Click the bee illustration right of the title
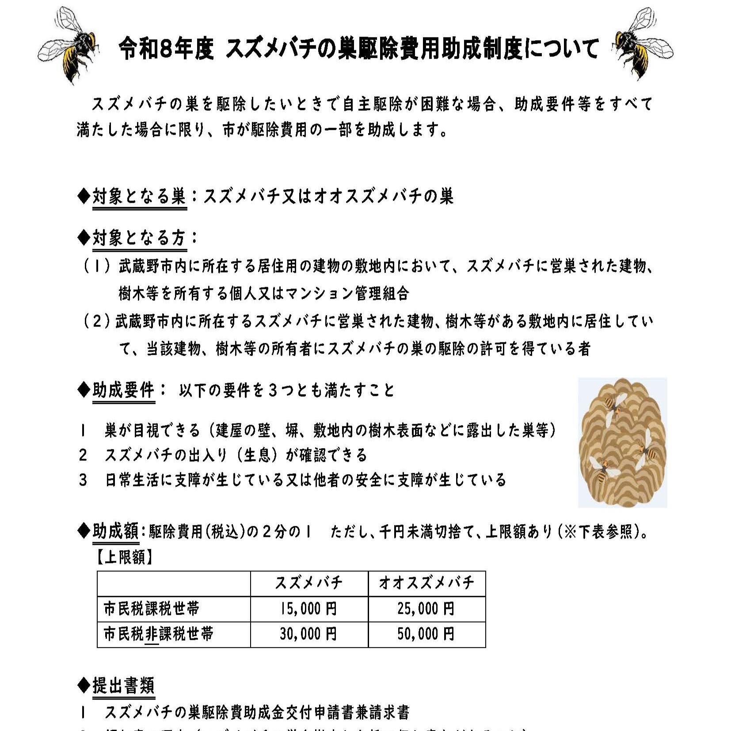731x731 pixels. click(x=643, y=44)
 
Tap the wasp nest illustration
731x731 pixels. click(x=622, y=442)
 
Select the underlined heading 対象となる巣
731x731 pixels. click(x=139, y=196)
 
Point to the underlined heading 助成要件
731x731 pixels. click(x=123, y=390)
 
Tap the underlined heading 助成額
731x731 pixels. click(x=115, y=531)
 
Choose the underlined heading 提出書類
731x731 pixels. click(x=123, y=685)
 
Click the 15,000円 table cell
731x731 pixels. click(x=309, y=609)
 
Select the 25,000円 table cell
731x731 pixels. click(x=426, y=609)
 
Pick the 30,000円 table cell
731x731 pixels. click(x=309, y=634)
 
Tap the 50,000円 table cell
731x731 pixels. click(x=426, y=634)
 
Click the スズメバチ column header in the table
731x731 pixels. click(x=309, y=583)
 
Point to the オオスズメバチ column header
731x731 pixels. click(x=426, y=583)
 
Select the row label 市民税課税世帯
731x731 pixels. click(x=151, y=609)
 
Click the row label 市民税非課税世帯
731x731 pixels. click(x=158, y=634)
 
